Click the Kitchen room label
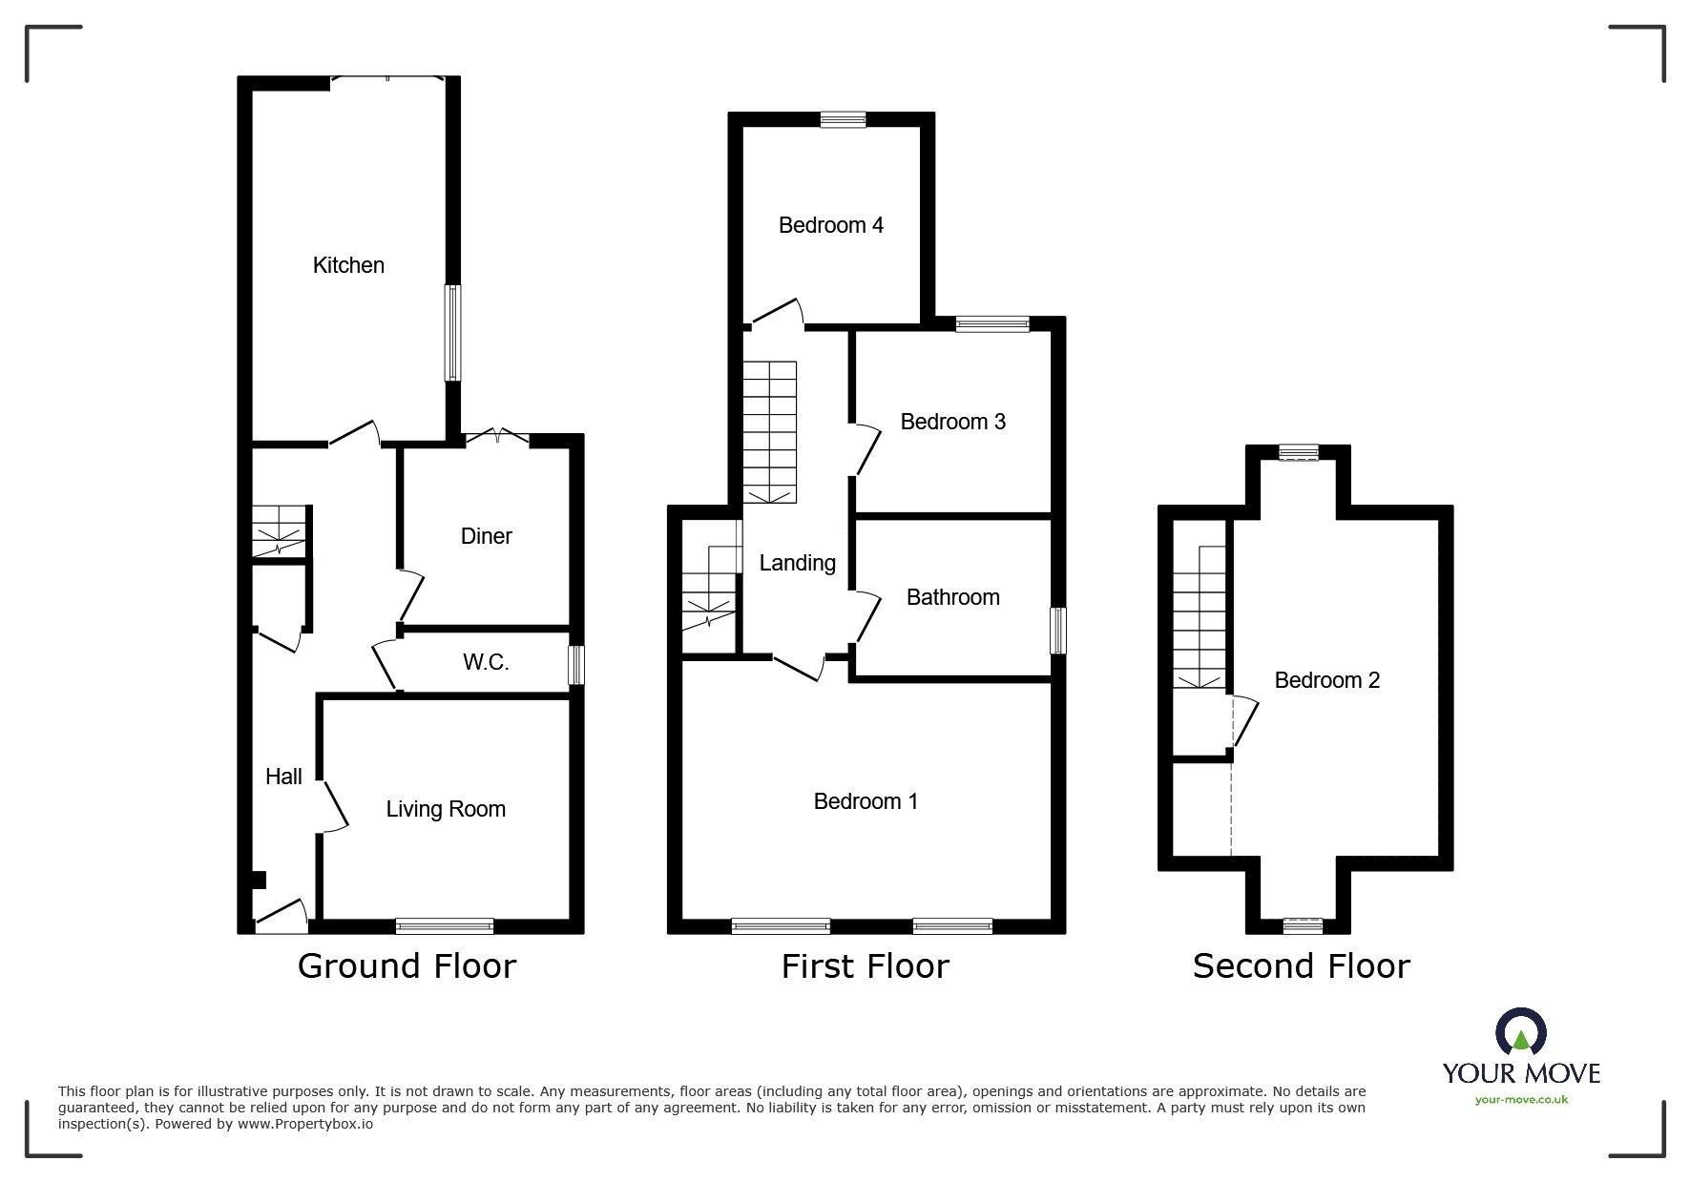[x=348, y=265]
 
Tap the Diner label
[x=487, y=536]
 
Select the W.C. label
[x=486, y=662]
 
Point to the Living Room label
[x=446, y=809]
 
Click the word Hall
[x=283, y=777]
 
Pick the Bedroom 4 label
[x=831, y=225]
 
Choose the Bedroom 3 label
[x=953, y=422]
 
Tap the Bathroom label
[x=953, y=597]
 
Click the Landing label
[x=798, y=564]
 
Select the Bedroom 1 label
[x=866, y=801]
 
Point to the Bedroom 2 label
[x=1327, y=680]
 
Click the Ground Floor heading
[x=407, y=966]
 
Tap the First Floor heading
[x=866, y=966]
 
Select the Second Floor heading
[x=1302, y=966]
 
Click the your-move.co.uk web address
[x=1521, y=1100]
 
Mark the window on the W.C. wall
[x=575, y=666]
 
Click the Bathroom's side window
[x=1058, y=631]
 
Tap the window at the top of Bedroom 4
[x=844, y=119]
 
